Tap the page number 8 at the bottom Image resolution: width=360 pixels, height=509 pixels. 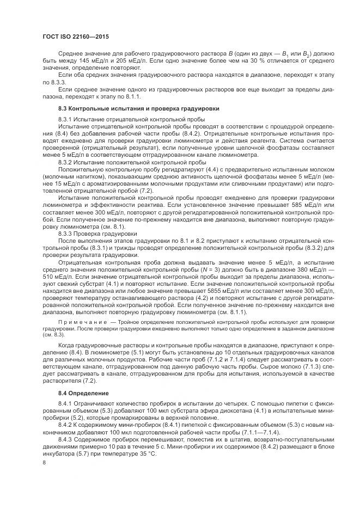coord(45,463)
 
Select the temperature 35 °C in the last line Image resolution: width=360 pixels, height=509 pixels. coord(147,453)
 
